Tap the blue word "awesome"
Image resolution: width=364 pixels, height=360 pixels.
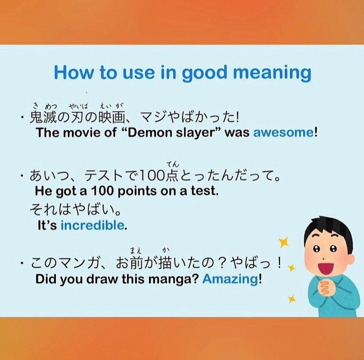tap(283, 133)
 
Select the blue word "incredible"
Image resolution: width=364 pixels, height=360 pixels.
tap(92, 225)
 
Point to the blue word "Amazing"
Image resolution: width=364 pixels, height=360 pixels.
tap(230, 279)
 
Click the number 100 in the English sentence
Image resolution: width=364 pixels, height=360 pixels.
tap(101, 191)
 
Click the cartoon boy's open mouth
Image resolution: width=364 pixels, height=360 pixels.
tap(325, 268)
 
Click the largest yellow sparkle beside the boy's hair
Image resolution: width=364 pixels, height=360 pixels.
tap(284, 242)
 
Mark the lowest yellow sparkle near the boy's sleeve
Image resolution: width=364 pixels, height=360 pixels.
tap(291, 299)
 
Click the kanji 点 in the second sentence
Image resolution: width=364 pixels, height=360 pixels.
tap(173, 176)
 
